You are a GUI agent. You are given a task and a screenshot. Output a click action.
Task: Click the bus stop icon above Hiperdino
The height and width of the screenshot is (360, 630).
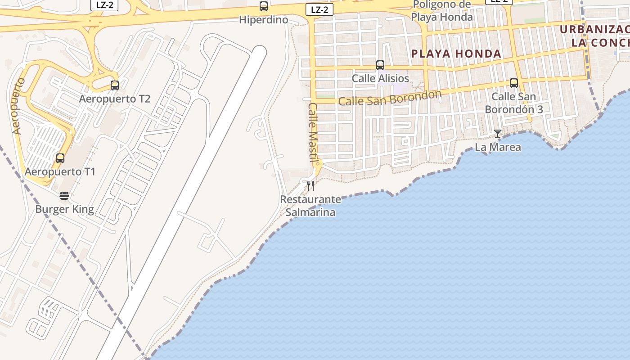point(264,6)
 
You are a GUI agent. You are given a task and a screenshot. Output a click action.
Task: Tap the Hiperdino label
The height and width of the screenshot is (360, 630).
point(264,20)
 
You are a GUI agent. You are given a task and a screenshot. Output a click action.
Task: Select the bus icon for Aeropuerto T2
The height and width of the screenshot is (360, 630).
point(115,85)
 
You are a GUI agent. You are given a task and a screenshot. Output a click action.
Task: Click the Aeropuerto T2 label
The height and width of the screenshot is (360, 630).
point(115,99)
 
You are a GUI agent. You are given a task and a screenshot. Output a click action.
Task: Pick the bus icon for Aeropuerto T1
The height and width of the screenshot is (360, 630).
point(60,158)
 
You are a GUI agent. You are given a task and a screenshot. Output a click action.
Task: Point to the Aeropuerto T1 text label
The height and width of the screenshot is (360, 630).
point(60,171)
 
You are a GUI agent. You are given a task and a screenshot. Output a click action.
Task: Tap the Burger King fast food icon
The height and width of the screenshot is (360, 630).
point(64,195)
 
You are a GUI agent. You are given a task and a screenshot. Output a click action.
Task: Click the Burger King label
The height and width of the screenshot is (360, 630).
point(64,209)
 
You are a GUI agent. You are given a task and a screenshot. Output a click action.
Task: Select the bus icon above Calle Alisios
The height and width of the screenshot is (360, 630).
point(380,65)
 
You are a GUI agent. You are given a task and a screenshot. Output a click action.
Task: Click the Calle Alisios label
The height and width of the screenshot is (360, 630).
point(380,78)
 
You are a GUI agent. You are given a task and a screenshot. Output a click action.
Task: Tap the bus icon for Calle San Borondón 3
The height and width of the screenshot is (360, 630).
point(514,83)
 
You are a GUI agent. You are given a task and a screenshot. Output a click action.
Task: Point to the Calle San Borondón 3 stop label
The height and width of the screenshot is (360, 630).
point(514,103)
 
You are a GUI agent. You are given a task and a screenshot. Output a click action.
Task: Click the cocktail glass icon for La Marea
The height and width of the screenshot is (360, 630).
point(498,134)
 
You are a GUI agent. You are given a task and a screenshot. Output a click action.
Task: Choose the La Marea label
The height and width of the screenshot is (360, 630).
point(498,147)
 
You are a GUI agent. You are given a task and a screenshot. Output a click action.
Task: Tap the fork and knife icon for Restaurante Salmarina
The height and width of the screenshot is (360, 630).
point(310,186)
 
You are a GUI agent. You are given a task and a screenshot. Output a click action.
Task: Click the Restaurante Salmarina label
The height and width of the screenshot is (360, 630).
point(310,205)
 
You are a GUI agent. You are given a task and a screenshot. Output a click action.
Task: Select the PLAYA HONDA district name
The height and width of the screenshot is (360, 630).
point(456,54)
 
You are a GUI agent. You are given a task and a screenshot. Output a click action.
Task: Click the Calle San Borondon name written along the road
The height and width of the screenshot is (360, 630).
point(390,98)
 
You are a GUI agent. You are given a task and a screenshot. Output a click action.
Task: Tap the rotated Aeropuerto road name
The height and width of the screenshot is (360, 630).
point(18,106)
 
